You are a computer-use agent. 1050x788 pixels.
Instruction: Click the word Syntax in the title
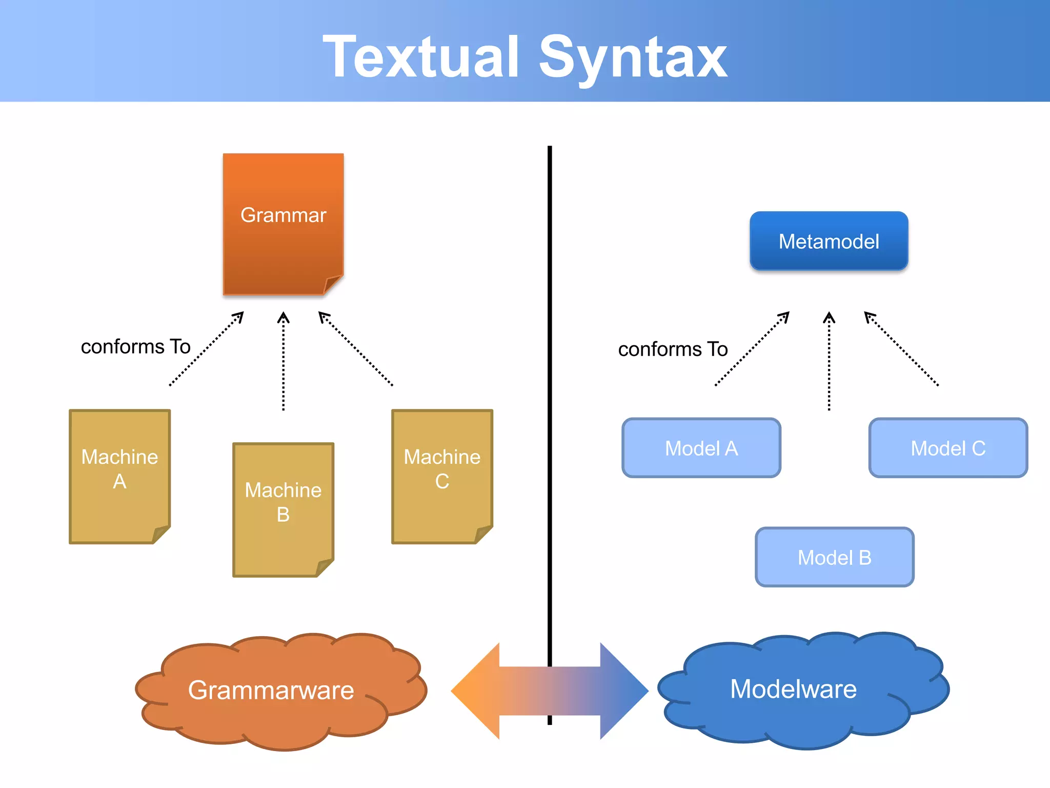click(x=633, y=57)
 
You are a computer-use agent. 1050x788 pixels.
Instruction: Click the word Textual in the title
click(x=421, y=57)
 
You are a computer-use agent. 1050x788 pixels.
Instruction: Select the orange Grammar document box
click(x=283, y=224)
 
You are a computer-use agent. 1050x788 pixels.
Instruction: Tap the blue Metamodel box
click(x=829, y=241)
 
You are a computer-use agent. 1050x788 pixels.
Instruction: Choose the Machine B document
click(x=283, y=509)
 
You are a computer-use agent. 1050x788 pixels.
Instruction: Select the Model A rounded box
click(x=701, y=448)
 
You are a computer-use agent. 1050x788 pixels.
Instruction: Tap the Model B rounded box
click(x=834, y=557)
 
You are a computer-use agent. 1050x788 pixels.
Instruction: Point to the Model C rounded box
click(x=948, y=448)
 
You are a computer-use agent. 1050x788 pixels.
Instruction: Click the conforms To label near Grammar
click(x=136, y=347)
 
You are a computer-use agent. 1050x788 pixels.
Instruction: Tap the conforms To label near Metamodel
click(x=673, y=349)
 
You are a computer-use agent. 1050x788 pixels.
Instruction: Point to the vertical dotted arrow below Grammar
click(x=283, y=362)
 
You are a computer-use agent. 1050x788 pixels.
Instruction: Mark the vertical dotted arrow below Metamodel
click(x=829, y=362)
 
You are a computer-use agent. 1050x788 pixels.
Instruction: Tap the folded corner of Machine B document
click(x=325, y=567)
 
